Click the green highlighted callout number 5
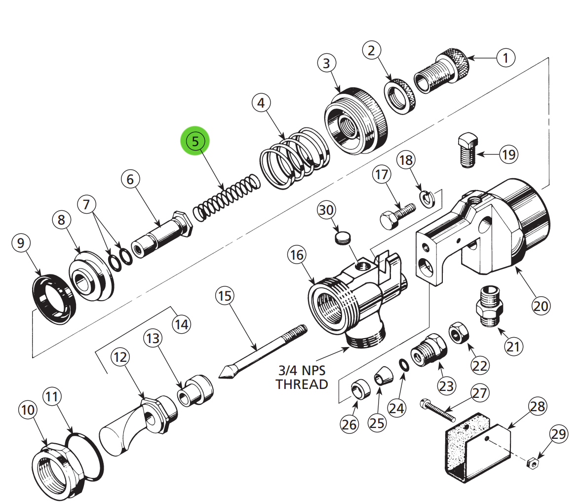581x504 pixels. (x=195, y=141)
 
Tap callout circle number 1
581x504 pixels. (x=505, y=58)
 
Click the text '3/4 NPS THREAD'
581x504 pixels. (x=302, y=377)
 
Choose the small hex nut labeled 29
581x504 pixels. (x=532, y=463)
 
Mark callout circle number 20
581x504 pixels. (x=541, y=306)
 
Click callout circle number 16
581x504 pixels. (x=297, y=255)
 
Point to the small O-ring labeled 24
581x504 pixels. (x=403, y=365)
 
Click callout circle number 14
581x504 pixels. (x=181, y=324)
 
